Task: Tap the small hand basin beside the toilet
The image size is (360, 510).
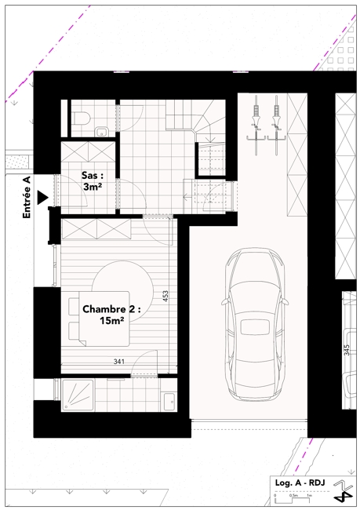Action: [102, 132]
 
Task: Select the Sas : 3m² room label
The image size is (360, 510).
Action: [93, 181]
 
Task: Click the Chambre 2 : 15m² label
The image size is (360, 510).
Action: [111, 315]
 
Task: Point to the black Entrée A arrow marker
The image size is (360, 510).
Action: [42, 198]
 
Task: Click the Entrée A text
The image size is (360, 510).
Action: [27, 198]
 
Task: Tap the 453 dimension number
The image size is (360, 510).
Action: [165, 297]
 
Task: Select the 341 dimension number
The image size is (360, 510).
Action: [119, 362]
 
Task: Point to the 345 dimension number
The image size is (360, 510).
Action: [347, 350]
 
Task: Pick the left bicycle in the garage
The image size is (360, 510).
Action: [256, 126]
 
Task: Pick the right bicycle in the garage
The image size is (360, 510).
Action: [276, 126]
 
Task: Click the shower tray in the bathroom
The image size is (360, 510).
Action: [78, 395]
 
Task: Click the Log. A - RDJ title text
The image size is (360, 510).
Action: [300, 483]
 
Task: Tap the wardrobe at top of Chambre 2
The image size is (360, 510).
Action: [96, 229]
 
